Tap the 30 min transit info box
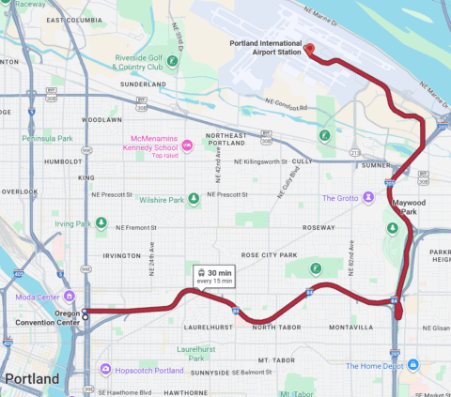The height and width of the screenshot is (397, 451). pos(214,276)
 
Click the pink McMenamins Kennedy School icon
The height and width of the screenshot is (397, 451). pos(186,145)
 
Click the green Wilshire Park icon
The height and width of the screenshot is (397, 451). pos(193,199)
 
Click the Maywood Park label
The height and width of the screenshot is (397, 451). pos(411,206)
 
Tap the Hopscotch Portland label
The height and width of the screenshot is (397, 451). pos(148,369)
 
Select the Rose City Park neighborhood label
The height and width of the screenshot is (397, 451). pos(269,254)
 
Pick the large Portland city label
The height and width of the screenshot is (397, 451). pos(33,379)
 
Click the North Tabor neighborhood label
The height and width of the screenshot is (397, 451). pos(276,327)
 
